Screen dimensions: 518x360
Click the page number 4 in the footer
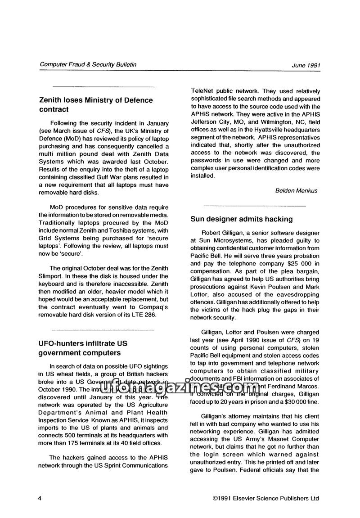pyautogui.click(x=41, y=498)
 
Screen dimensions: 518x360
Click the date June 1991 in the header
pyautogui.click(x=306, y=65)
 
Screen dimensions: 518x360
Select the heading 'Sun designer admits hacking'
pyautogui.click(x=242, y=219)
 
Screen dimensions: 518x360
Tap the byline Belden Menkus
pyautogui.click(x=296, y=190)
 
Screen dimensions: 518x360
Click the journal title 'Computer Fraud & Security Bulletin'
pyautogui.click(x=88, y=64)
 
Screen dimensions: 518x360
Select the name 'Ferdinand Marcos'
pyautogui.click(x=294, y=386)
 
